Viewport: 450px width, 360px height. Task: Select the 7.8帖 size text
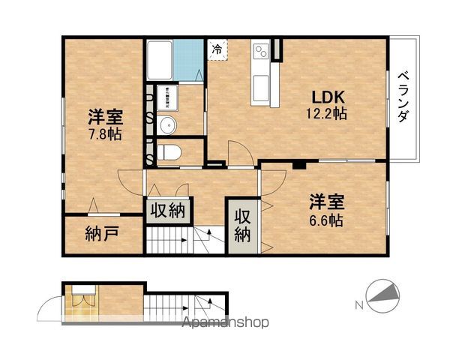point(104,135)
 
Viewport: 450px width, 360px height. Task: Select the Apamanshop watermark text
point(224,323)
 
